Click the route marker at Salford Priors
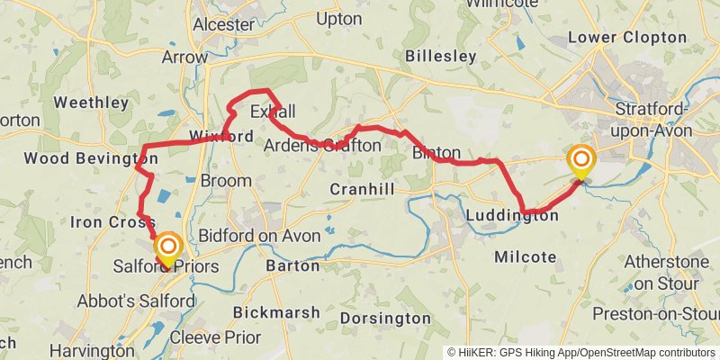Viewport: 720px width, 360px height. pyautogui.click(x=167, y=248)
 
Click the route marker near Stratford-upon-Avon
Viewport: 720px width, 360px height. pyautogui.click(x=581, y=162)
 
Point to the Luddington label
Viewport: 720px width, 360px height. pyautogui.click(x=512, y=216)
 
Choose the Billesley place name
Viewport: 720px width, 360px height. pyautogui.click(x=440, y=56)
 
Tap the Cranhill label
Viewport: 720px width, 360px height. pyautogui.click(x=363, y=189)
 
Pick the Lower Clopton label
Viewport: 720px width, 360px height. pyautogui.click(x=621, y=39)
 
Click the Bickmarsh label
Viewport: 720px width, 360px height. pyautogui.click(x=276, y=312)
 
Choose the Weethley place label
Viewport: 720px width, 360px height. pyautogui.click(x=91, y=103)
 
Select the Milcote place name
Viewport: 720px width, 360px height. pyautogui.click(x=526, y=257)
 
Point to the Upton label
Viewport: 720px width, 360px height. pyautogui.click(x=339, y=18)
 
